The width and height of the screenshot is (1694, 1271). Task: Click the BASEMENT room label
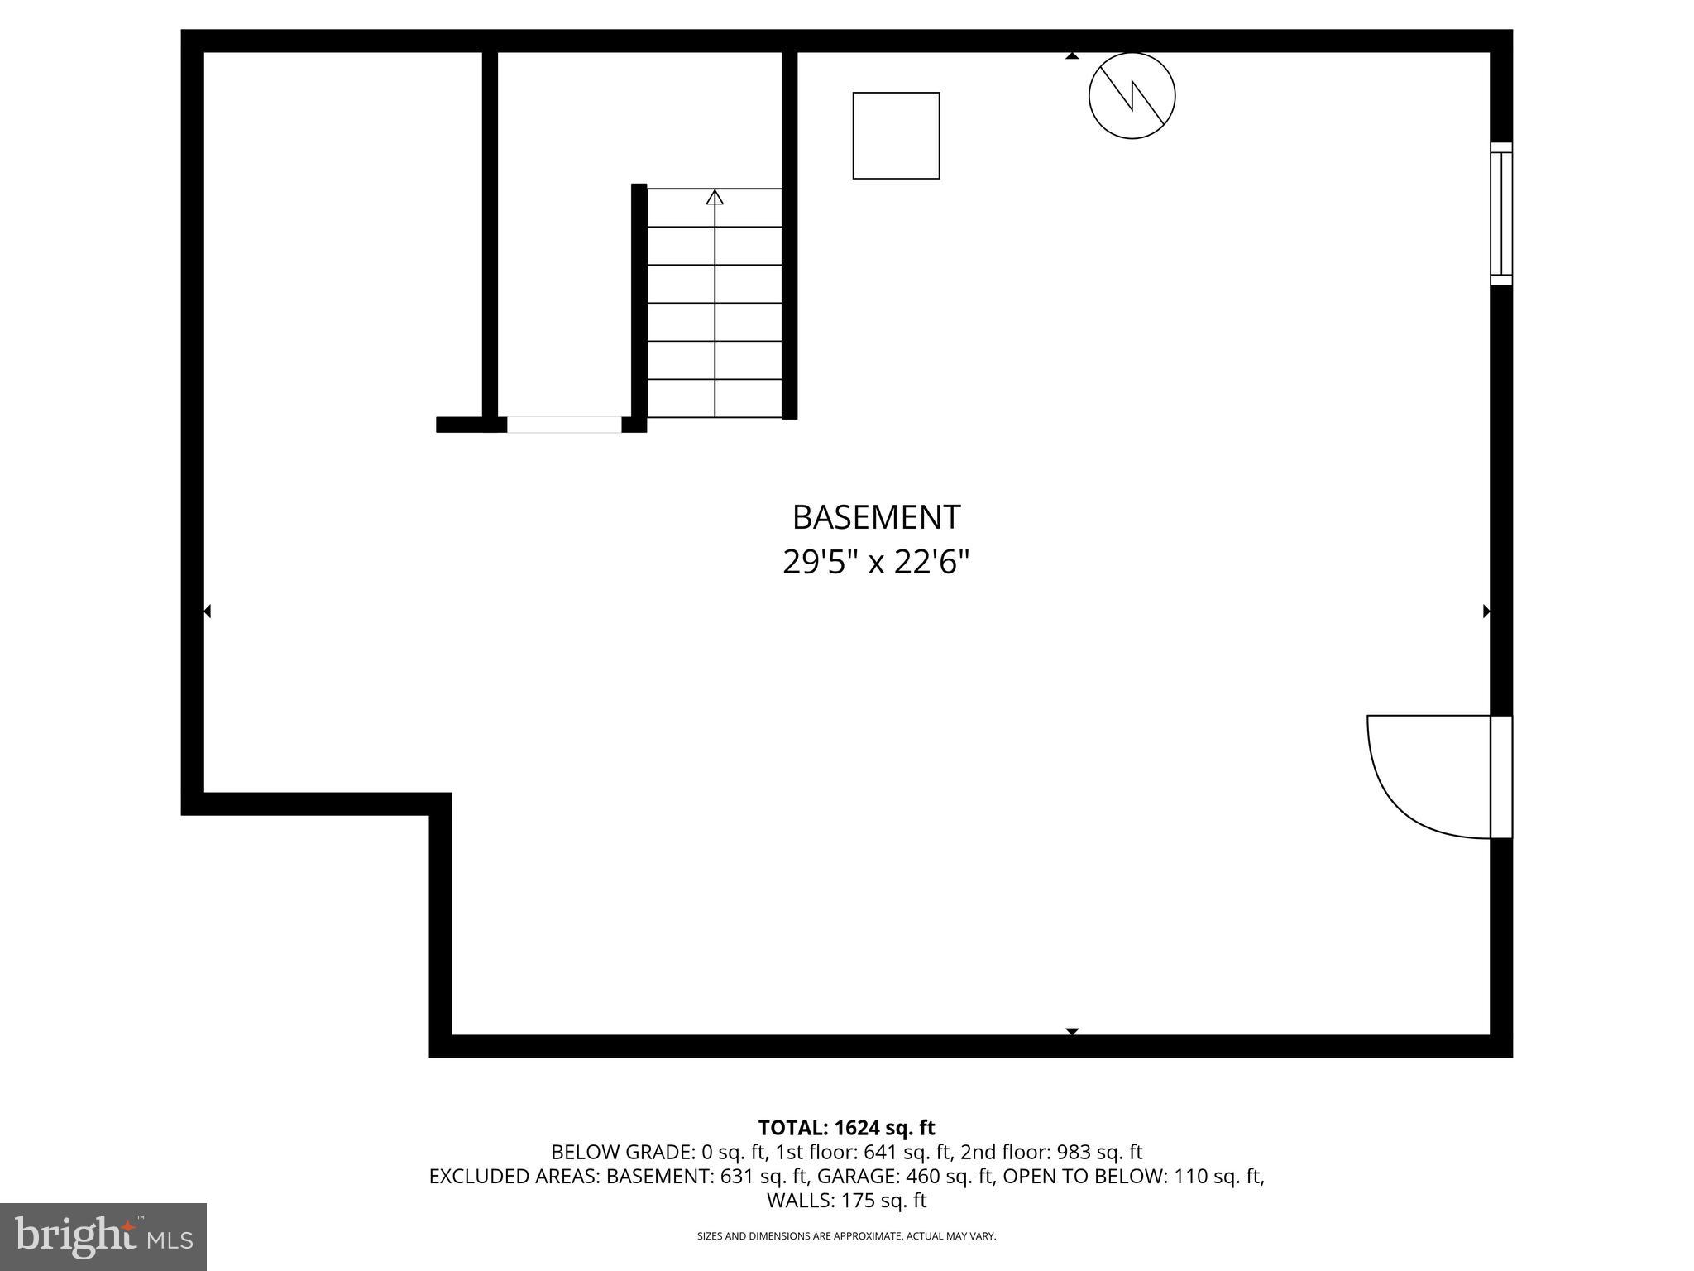876,517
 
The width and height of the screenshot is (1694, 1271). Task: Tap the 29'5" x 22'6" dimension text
875,563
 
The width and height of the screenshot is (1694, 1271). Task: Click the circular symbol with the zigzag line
1132,96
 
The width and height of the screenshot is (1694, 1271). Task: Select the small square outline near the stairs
896,136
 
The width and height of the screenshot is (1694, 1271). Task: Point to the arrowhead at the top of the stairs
715,198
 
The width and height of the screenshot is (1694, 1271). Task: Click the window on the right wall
1500,213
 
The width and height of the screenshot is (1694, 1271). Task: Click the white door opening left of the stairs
564,424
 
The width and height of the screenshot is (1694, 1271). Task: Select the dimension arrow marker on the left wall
208,612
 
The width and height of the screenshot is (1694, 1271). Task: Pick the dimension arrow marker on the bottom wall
1072,1031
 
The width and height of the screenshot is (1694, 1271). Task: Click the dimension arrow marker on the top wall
1072,56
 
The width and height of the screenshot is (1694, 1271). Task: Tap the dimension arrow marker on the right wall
1486,612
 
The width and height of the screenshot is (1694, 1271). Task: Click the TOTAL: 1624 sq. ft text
846,1128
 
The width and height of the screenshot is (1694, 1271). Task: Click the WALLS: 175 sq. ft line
846,1200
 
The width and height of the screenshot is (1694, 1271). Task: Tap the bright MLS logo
103,1237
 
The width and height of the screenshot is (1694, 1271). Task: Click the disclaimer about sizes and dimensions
846,1236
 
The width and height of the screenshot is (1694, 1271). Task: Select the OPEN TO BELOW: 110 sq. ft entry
1132,1176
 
